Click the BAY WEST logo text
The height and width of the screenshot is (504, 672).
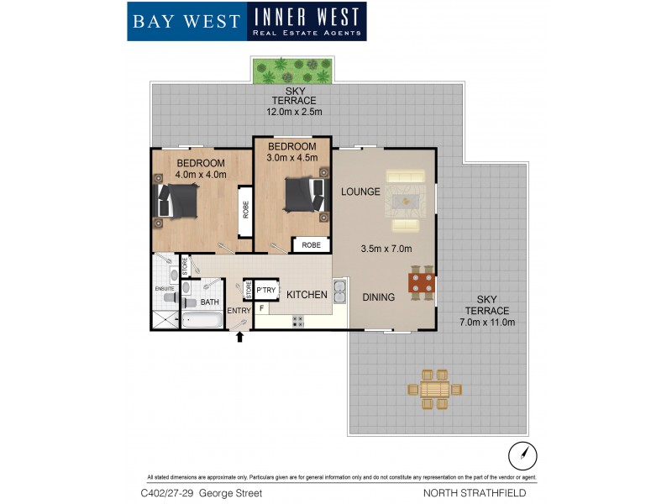click(x=186, y=21)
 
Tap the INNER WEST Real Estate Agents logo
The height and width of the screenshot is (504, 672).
click(x=307, y=22)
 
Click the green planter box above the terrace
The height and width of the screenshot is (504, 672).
click(x=291, y=71)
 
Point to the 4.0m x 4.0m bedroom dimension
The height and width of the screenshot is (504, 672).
click(x=200, y=175)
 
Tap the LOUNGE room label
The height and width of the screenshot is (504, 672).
click(x=360, y=192)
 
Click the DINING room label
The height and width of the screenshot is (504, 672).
click(x=379, y=297)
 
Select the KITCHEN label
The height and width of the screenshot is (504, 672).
click(x=307, y=295)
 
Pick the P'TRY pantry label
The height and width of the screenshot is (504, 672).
click(x=266, y=291)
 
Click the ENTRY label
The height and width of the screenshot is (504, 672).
click(x=239, y=311)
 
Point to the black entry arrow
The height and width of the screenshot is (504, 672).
click(x=240, y=338)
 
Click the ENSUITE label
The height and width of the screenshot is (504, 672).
click(x=164, y=289)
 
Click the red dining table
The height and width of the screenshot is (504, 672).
click(x=422, y=283)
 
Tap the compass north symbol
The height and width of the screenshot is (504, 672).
click(x=522, y=456)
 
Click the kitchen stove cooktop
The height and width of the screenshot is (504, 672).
click(x=297, y=320)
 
